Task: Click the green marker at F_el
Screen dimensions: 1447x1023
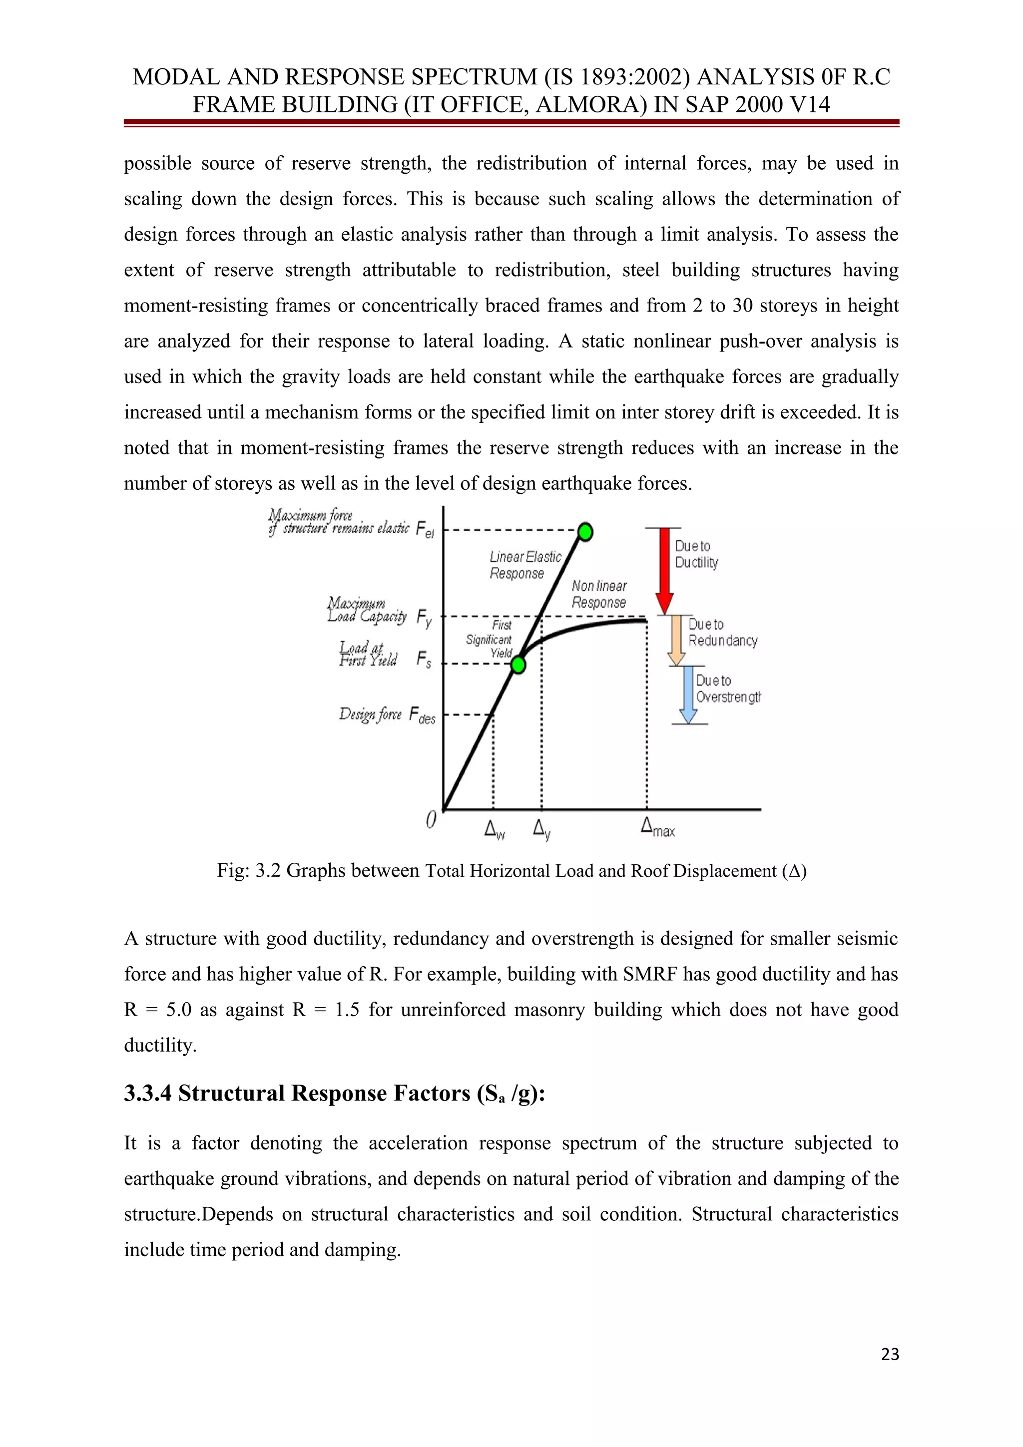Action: coord(585,532)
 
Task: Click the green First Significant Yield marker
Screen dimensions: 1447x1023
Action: coord(518,664)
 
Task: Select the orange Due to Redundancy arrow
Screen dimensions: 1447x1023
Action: coord(676,640)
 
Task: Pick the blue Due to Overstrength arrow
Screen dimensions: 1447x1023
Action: coord(688,695)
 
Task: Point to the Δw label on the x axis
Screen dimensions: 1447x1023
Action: coord(494,829)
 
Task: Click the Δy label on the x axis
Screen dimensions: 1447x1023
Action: coord(541,829)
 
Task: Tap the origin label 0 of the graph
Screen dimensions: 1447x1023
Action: coord(431,820)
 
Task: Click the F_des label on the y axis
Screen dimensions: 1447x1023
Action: coord(422,716)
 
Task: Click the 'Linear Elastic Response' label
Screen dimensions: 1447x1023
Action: coord(524,565)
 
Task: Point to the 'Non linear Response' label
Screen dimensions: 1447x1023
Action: coord(599,594)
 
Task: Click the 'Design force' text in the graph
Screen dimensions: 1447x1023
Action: coord(370,714)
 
